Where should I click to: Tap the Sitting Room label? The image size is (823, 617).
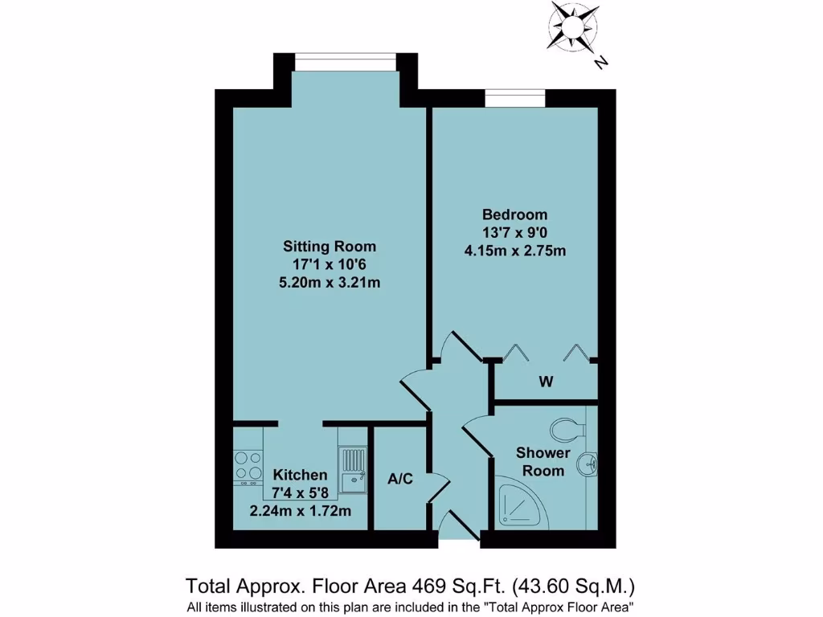(330, 246)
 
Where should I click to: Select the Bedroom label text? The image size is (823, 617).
(514, 215)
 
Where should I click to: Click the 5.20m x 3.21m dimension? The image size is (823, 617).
(330, 282)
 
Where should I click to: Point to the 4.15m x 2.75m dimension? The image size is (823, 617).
(514, 250)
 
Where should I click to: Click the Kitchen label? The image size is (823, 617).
(300, 475)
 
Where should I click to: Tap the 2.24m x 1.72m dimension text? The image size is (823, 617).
(300, 510)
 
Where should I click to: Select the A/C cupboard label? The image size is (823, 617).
(400, 480)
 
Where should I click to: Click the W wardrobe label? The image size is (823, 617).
(546, 382)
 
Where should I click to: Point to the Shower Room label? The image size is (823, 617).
(543, 462)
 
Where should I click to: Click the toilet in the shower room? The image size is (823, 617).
(570, 429)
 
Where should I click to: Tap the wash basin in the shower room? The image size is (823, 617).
(591, 464)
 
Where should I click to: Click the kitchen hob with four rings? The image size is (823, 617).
(248, 466)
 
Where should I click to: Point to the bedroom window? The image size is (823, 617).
(515, 99)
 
